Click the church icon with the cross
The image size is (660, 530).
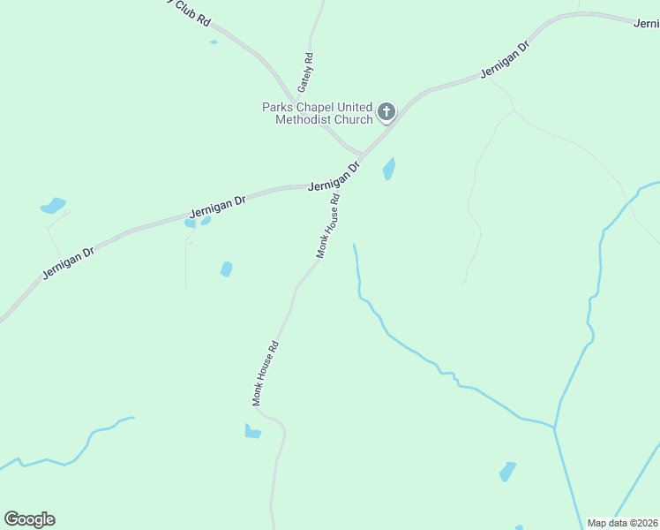[x=386, y=112]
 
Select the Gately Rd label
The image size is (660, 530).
[x=305, y=72]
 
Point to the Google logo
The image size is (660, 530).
[x=29, y=519]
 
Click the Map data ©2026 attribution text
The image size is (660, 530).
[x=622, y=523]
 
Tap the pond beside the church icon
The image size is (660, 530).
[x=388, y=169]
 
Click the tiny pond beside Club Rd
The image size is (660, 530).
[x=214, y=42]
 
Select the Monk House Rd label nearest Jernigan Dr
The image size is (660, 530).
[x=328, y=227]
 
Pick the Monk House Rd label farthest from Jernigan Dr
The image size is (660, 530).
[x=266, y=373]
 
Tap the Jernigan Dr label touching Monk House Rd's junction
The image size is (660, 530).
[x=334, y=178]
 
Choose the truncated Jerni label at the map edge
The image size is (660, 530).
[x=646, y=23]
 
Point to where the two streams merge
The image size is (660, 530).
[x=555, y=428]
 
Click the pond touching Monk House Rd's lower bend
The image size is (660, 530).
[x=252, y=431]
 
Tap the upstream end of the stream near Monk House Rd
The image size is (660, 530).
[x=354, y=245]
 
